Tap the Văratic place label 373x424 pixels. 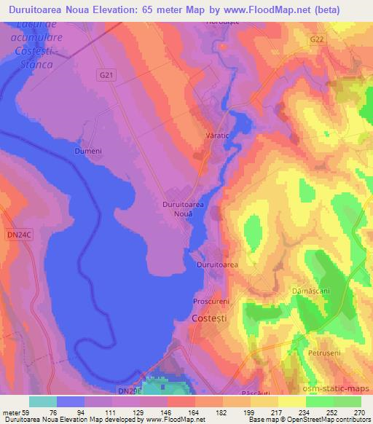(x=218, y=136)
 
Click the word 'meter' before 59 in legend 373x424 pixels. (x=12, y=412)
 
